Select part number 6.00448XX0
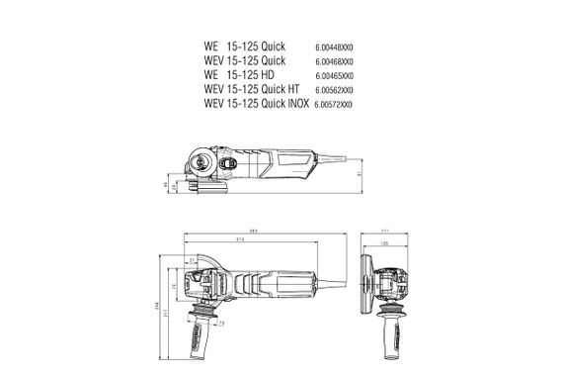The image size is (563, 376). (x=335, y=47)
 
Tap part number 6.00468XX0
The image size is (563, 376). (x=335, y=60)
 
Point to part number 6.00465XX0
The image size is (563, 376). (x=335, y=75)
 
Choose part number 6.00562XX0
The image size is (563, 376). (x=335, y=89)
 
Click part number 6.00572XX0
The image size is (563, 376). (x=335, y=103)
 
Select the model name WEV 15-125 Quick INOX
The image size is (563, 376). (x=257, y=103)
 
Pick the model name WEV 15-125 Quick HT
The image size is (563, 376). (x=251, y=89)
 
